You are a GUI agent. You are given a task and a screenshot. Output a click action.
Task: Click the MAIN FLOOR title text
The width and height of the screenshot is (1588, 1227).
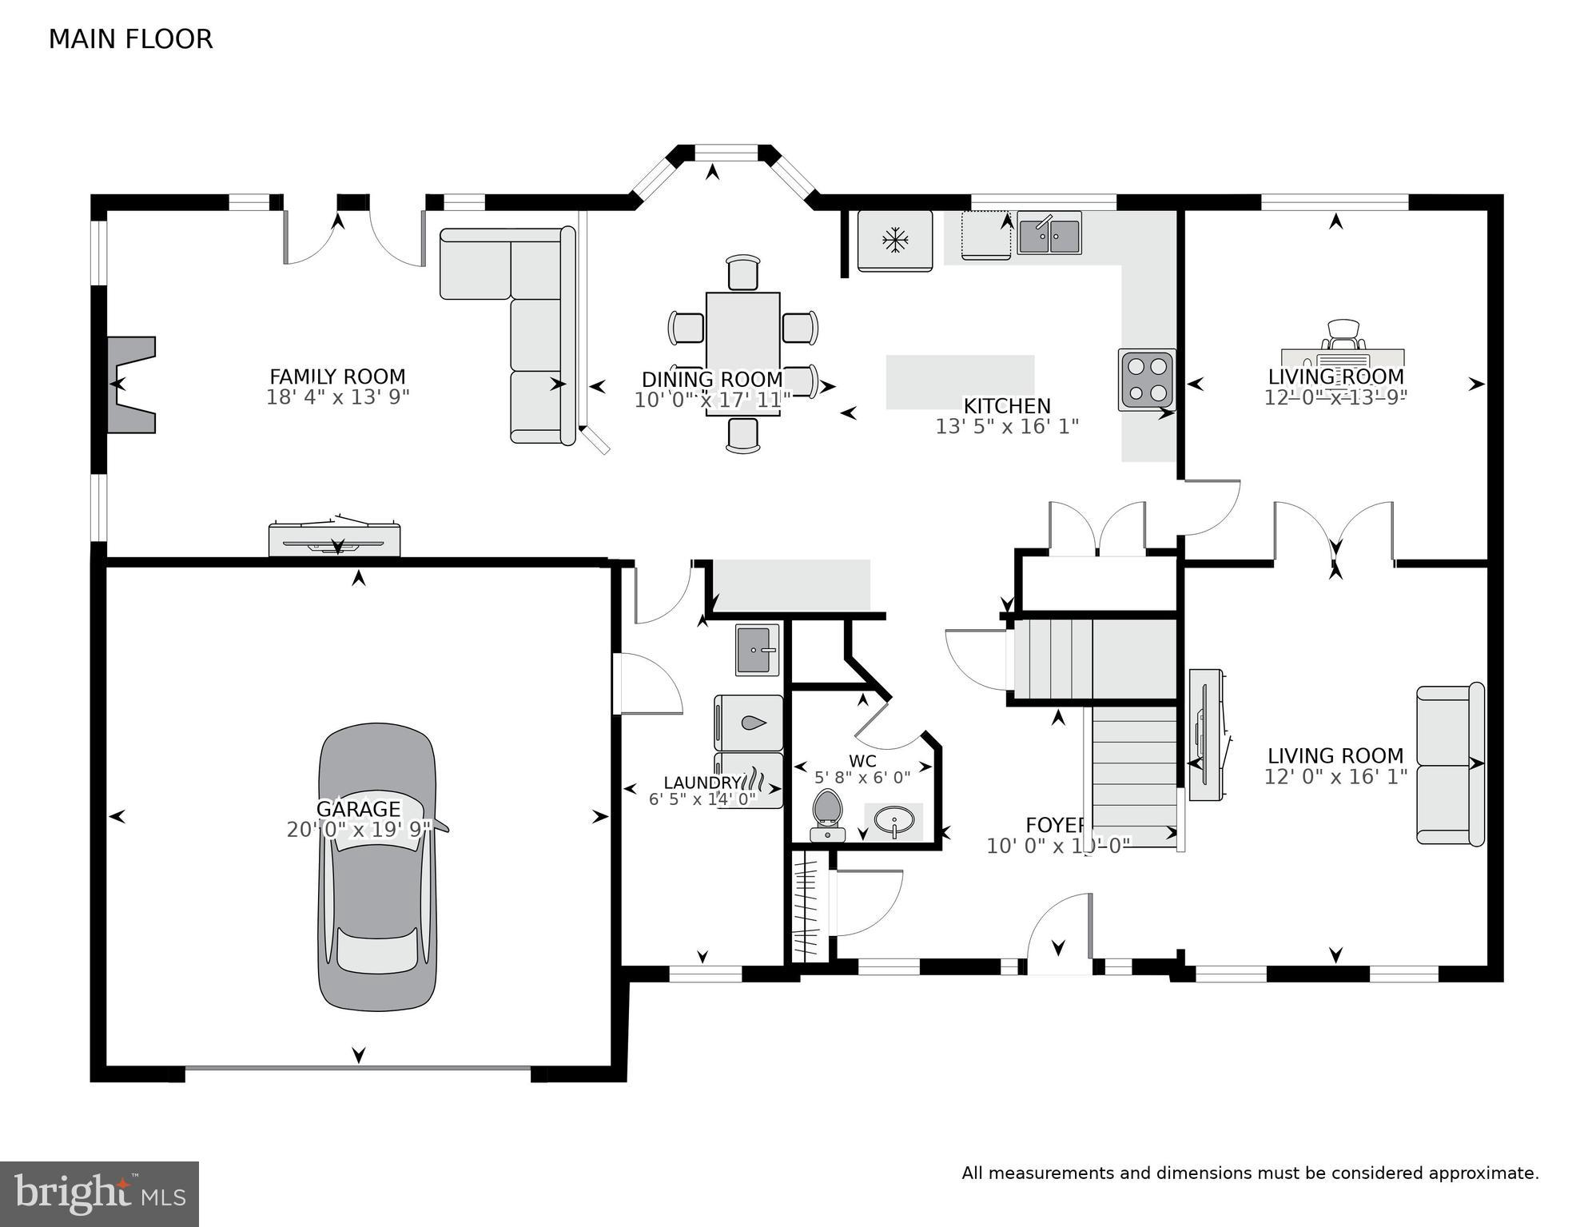point(130,39)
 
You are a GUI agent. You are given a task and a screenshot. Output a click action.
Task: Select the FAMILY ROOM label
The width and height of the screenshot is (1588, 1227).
point(337,376)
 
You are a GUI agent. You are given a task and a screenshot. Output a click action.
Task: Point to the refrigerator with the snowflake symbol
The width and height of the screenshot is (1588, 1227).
point(894,240)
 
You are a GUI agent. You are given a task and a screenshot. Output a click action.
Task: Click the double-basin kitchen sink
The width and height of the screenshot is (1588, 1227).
point(1049,234)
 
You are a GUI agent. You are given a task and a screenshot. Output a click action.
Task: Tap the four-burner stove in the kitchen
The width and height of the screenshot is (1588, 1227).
point(1146,380)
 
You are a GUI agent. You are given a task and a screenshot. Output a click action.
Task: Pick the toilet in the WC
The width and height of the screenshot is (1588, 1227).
point(827,814)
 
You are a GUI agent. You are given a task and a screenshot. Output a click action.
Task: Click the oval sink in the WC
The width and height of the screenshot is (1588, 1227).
point(894,821)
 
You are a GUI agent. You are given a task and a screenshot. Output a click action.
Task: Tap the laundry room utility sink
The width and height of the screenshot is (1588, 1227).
point(756,649)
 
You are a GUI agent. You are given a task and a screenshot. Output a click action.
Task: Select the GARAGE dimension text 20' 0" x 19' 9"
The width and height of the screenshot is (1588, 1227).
point(359,830)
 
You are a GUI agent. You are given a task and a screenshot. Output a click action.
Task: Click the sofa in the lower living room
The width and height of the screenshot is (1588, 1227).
point(1450,764)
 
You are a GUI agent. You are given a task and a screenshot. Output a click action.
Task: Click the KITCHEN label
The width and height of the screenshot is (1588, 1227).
point(1006,406)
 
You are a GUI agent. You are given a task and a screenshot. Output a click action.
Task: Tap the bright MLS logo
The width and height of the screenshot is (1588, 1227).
point(99,1194)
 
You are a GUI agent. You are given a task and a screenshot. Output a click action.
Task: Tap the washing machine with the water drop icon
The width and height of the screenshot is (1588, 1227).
point(749,723)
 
